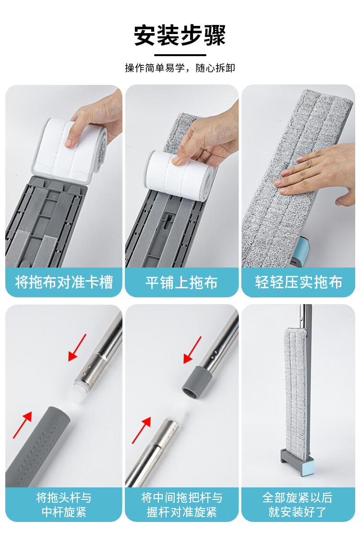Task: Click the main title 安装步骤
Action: coord(180,35)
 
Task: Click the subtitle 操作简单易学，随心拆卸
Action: coord(180,68)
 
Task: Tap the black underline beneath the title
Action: coord(180,55)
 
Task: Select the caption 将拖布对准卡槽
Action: coord(64,282)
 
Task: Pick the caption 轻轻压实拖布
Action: coord(299,282)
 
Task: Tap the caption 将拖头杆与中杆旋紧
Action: coord(64,505)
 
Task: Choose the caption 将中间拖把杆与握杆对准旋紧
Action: coord(181,505)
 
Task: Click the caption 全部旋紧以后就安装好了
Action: coord(297,505)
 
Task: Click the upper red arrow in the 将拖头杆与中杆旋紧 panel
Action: coord(77,348)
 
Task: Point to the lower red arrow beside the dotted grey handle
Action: coord(23,425)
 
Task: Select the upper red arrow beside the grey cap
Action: coord(192,350)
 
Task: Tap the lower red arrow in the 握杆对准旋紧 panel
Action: coord(142,430)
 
